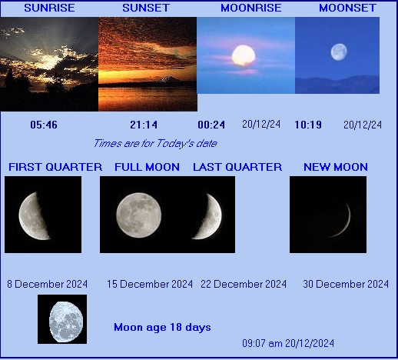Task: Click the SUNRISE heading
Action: tap(48, 8)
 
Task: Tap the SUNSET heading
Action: tap(146, 8)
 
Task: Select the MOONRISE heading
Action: tap(250, 8)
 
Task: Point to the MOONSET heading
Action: tap(347, 8)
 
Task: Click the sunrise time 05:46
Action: tap(43, 125)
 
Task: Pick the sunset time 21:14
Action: tap(144, 125)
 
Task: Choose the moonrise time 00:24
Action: tap(211, 125)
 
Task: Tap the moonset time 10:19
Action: tap(307, 125)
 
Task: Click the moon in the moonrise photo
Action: tap(243, 55)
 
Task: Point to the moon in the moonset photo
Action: tap(339, 52)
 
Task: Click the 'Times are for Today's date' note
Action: tap(154, 143)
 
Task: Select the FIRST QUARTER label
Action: tap(55, 167)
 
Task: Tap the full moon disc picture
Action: tap(138, 214)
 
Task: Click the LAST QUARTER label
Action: tap(237, 167)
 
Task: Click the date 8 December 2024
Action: tap(47, 284)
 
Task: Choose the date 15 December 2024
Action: tap(150, 284)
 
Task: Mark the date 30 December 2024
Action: tap(346, 284)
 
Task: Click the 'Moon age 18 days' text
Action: tap(162, 328)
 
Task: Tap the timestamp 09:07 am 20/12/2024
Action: tap(288, 343)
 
